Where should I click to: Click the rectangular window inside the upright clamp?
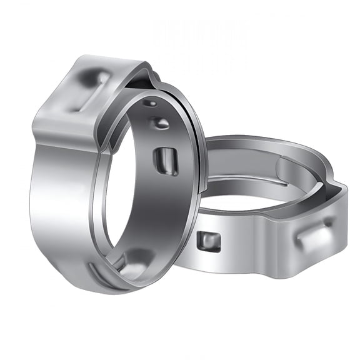[166, 161]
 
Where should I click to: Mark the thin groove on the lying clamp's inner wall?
[250, 179]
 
